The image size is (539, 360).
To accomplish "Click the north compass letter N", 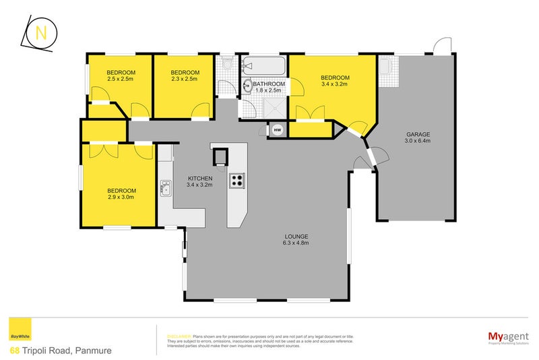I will click(40, 33).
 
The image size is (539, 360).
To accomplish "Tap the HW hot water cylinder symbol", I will click(277, 130).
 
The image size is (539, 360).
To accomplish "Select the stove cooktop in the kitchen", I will click(236, 180).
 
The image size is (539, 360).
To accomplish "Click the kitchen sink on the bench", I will click(165, 189).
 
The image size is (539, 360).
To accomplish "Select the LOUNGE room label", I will click(295, 236).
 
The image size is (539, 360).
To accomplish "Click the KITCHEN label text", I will click(200, 178).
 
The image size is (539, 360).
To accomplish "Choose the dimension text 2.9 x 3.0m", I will click(121, 198).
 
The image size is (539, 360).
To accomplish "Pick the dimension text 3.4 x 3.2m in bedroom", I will click(334, 86).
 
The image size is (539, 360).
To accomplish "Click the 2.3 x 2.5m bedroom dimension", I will click(185, 80).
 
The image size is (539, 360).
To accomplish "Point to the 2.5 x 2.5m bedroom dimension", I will click(121, 80).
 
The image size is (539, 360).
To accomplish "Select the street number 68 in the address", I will click(14, 351).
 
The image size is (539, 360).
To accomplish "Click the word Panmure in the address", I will click(92, 351).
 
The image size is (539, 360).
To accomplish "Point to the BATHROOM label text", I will click(269, 84).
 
